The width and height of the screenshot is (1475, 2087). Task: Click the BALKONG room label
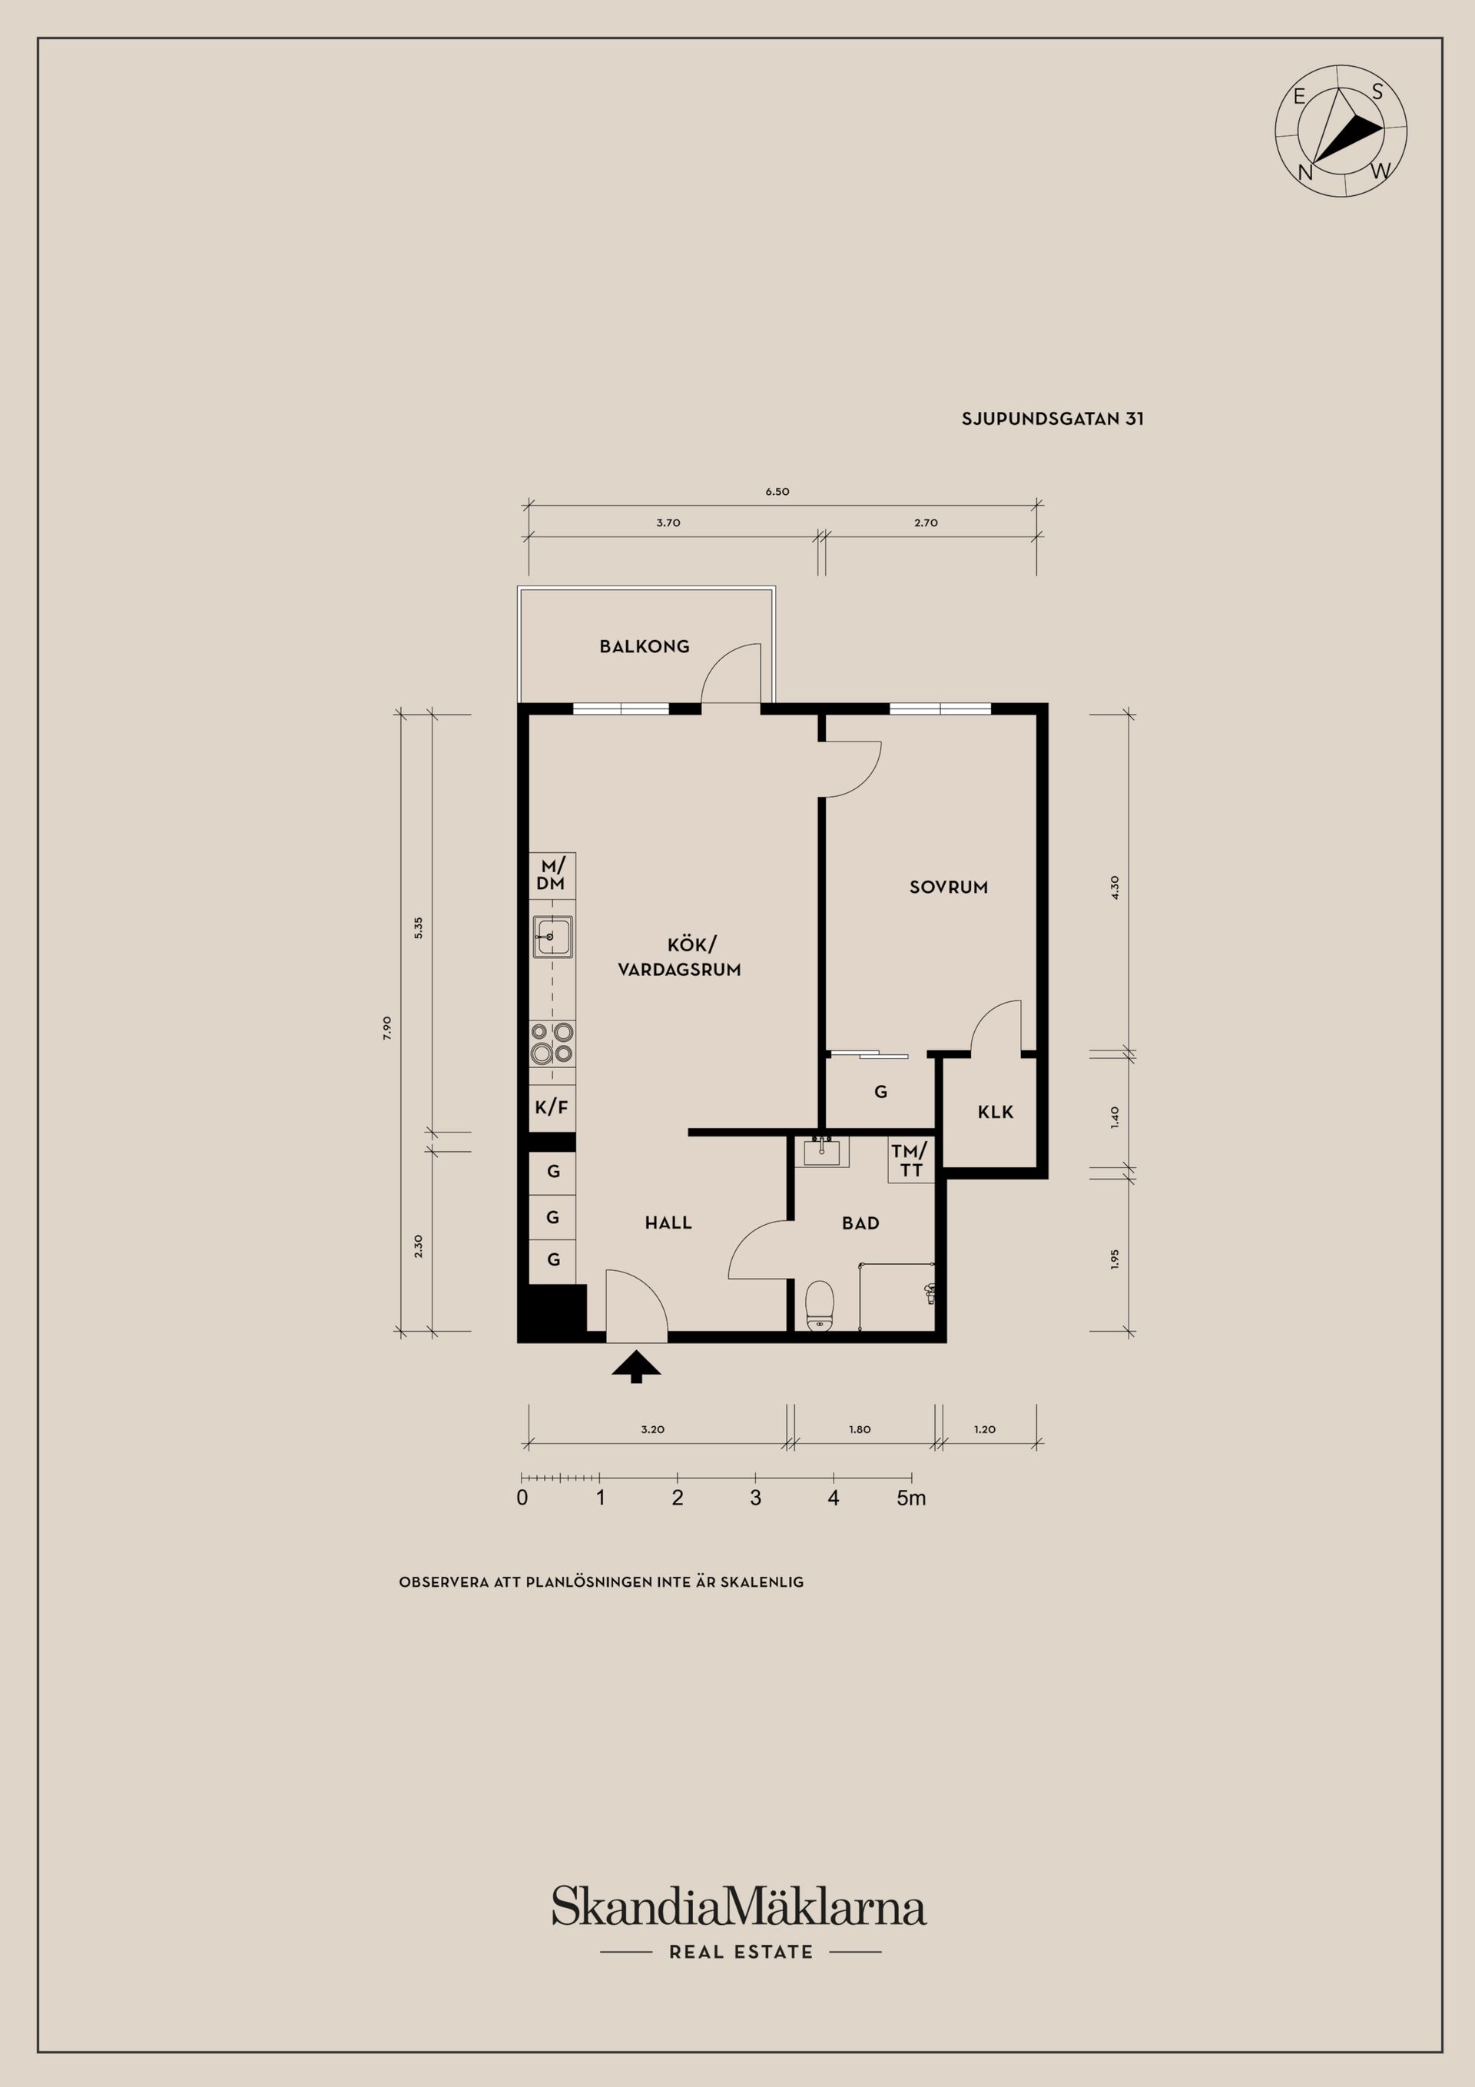pos(644,646)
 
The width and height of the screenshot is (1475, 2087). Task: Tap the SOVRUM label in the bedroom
pos(948,888)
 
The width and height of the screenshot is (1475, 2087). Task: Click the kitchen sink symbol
pos(552,936)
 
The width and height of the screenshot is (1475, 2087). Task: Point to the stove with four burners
pos(552,1043)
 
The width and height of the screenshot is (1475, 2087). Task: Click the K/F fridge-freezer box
pos(552,1107)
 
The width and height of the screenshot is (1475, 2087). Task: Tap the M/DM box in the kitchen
pos(552,874)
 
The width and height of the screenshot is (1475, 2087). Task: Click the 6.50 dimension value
pos(777,491)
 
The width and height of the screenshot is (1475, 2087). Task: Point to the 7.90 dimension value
pos(387,1027)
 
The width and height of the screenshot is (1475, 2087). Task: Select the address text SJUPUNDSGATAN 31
pos(1052,419)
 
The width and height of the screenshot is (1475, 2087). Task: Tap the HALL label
pos(668,1223)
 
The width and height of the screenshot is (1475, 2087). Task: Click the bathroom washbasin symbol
pos(826,1151)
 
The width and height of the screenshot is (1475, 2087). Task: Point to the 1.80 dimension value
pos(860,1429)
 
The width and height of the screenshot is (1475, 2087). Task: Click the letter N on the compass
pos(1305,173)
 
